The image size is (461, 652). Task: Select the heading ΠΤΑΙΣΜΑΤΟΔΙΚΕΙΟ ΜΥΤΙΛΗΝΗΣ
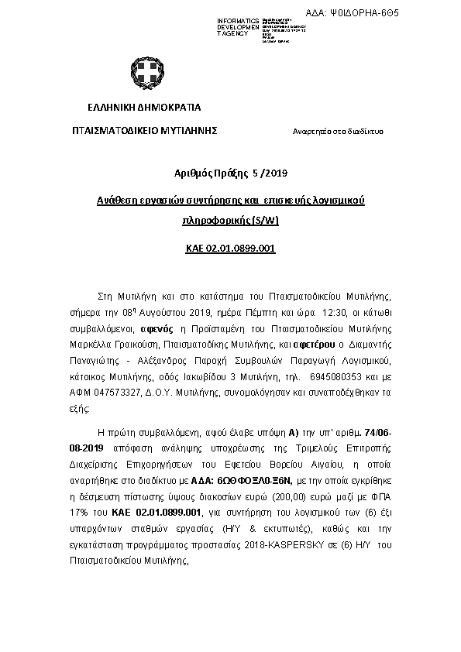(145, 130)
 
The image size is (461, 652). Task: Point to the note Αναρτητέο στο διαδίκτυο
(337, 131)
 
